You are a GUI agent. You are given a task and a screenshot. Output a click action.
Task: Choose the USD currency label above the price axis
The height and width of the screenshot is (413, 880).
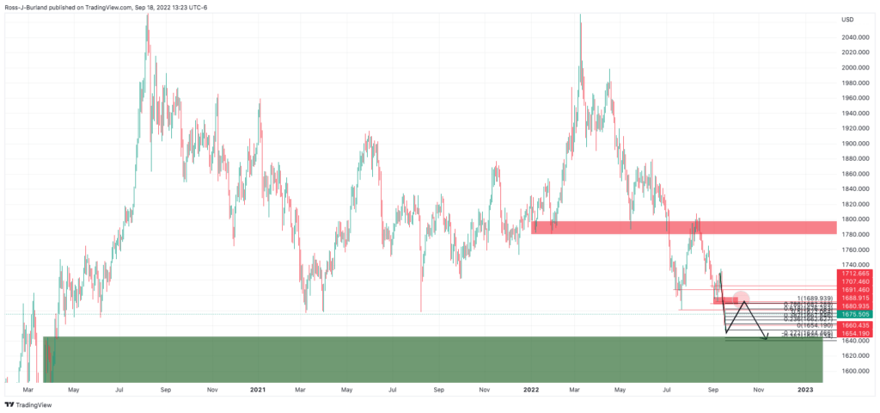tap(847, 20)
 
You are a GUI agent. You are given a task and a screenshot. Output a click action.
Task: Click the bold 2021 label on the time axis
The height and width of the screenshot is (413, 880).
tap(258, 389)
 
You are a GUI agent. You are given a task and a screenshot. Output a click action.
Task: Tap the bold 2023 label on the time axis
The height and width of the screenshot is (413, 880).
tap(805, 389)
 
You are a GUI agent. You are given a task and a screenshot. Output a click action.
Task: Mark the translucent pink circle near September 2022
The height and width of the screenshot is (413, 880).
tap(741, 299)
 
